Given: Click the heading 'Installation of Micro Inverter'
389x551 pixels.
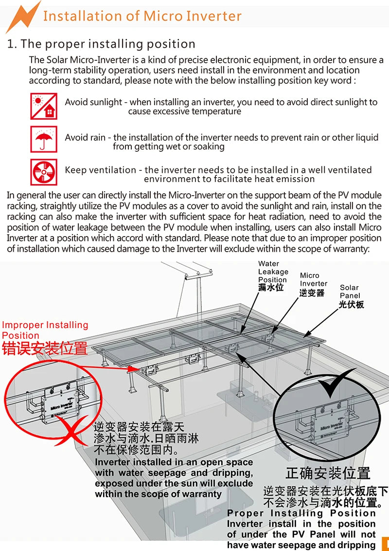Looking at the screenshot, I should pos(142,16).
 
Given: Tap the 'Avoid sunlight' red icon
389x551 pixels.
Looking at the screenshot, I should pos(43,106).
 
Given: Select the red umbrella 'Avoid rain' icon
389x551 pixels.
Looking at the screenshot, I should pos(43,139).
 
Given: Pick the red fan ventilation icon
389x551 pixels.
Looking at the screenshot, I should pos(43,172).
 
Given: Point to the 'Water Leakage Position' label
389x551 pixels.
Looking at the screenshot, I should pos(273,276).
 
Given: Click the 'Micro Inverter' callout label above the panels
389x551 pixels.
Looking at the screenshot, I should pos(313,284).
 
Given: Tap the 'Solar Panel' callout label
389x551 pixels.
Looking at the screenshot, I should pos(351,296).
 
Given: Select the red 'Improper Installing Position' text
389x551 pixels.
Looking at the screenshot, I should pos(45,330).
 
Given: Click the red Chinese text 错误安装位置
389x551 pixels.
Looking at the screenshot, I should pos(45,349).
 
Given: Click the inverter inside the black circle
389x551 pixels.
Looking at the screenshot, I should pos(335,423).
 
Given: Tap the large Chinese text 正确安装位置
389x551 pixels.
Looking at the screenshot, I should pos(328,473).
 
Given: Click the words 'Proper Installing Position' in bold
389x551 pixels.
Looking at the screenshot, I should pos(301,513).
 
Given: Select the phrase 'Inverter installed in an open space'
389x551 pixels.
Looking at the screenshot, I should pos(174,462).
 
